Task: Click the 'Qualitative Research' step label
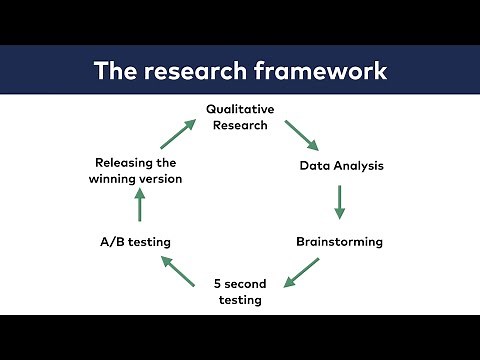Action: coord(239,116)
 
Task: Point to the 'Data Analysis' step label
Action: coord(341,165)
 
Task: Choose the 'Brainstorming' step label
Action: coord(339,241)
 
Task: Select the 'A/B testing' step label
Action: coord(136,241)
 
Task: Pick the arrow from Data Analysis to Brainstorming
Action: coord(340,202)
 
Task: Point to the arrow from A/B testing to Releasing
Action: coord(140,206)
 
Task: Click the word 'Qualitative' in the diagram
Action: coord(240,108)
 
